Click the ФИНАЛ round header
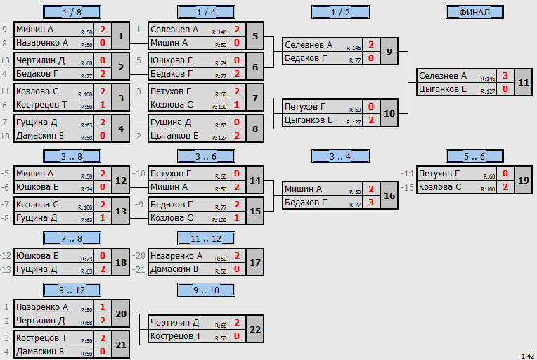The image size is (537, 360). click(x=474, y=13)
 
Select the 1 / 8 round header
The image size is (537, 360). click(x=72, y=13)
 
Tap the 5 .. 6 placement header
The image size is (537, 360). click(x=474, y=157)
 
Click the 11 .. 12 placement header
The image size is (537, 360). click(x=206, y=239)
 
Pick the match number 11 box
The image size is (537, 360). click(x=524, y=82)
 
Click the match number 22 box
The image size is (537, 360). click(x=255, y=329)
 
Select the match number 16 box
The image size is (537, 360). click(x=389, y=195)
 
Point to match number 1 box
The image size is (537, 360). click(x=121, y=36)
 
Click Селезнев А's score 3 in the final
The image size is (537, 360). click(x=505, y=76)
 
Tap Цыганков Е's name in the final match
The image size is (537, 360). click(x=443, y=89)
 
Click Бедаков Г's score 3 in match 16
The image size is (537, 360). click(x=371, y=202)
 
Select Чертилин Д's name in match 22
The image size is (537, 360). click(x=174, y=323)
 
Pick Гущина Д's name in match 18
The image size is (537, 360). click(x=37, y=269)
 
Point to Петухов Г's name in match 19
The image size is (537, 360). click(x=439, y=174)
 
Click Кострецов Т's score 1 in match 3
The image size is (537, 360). click(x=103, y=105)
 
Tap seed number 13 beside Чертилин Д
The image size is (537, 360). click(x=5, y=60)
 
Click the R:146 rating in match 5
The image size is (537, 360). click(x=219, y=32)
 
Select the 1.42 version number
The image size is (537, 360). click(x=528, y=356)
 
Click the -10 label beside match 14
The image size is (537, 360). click(x=139, y=174)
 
